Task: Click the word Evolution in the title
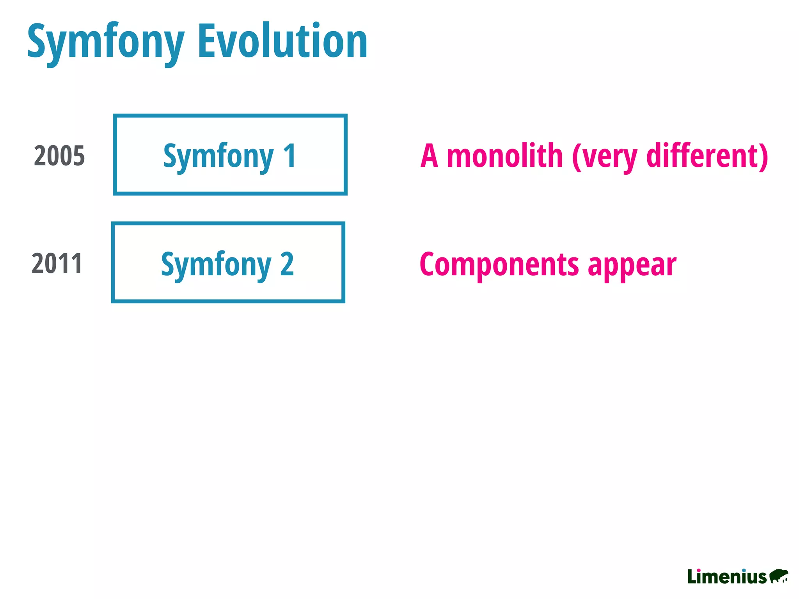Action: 282,41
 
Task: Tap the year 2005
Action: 59,156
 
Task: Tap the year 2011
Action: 57,264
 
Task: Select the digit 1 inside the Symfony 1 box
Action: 289,156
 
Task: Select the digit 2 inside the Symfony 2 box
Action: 287,264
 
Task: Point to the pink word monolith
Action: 504,156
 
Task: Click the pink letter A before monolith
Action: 429,156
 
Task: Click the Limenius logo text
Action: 727,577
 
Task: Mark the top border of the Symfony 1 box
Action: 230,116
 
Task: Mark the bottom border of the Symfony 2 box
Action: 228,301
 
